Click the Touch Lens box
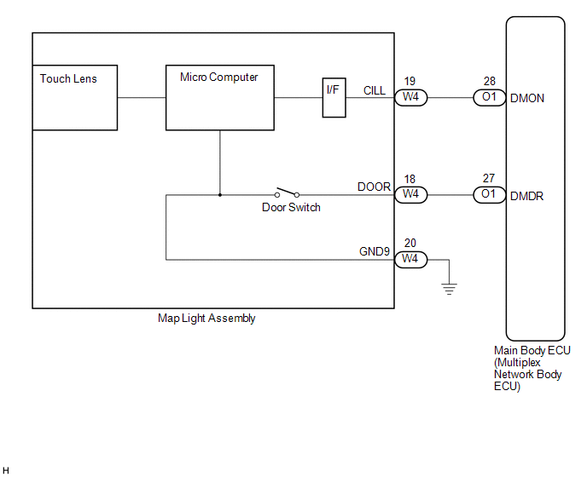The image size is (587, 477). point(75,98)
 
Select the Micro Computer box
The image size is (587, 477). point(220,98)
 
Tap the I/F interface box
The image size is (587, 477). point(334,98)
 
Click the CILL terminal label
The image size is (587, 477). point(375,90)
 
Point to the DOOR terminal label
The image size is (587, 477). point(374,187)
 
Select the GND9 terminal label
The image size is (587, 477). point(375,251)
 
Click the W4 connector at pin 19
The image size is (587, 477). point(410,98)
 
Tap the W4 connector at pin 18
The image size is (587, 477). point(410,195)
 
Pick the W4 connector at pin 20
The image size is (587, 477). point(410,259)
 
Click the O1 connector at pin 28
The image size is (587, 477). point(489,98)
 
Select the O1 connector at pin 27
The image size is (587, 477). point(489,195)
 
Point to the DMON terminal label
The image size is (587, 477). point(527,98)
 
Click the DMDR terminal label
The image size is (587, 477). point(526,196)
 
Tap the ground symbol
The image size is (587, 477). point(450,290)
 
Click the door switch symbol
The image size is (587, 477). point(287,193)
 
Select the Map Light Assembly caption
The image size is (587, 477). point(206,318)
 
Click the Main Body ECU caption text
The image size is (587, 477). point(532,368)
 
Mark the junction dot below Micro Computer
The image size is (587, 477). point(220,195)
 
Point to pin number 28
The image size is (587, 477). point(489,81)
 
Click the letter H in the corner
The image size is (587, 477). point(6,470)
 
